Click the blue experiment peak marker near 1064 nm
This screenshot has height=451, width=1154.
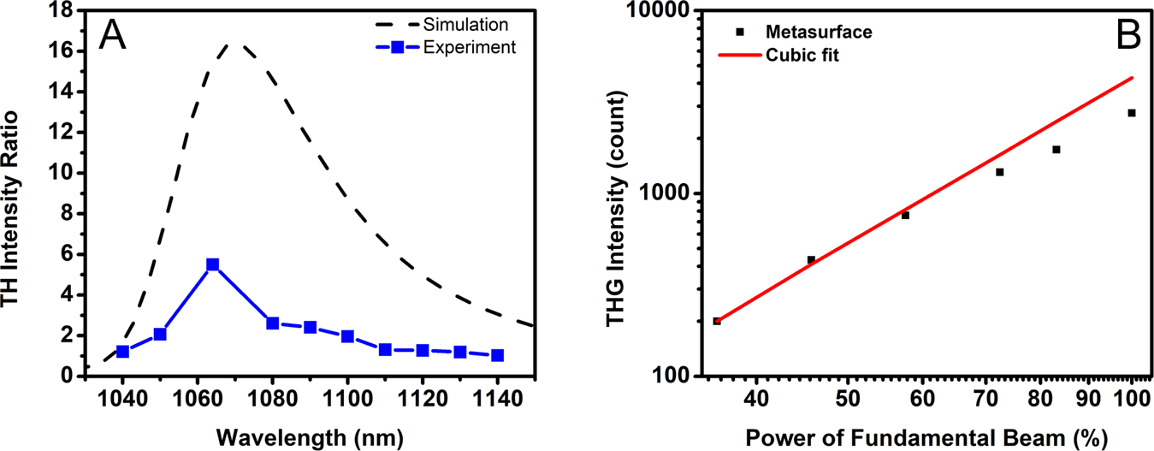pos(213,264)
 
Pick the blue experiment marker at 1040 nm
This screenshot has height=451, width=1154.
pos(122,352)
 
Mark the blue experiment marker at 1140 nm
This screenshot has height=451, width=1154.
pos(497,355)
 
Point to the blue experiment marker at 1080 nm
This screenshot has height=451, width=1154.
pos(273,323)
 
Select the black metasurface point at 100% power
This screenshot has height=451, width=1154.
pos(1131,113)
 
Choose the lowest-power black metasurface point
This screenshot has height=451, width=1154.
pos(717,321)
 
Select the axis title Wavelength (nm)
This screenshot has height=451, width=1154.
pos(299,434)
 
